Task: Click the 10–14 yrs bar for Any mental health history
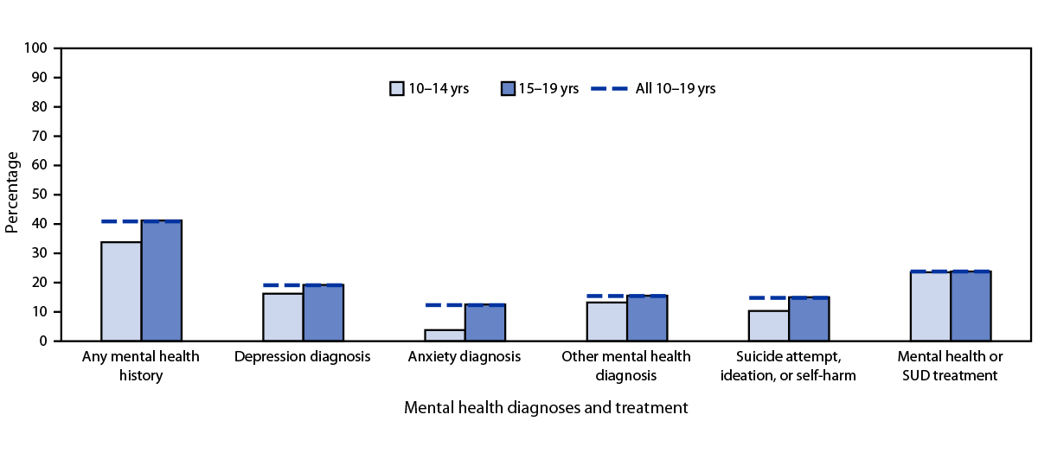point(121,291)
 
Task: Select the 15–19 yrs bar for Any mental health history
point(162,281)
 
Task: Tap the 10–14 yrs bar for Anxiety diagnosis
point(445,335)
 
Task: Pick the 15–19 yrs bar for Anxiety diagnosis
point(485,322)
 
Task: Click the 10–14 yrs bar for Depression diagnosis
point(283,317)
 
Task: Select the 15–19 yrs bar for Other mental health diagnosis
point(647,318)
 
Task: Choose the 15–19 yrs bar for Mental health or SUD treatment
point(971,306)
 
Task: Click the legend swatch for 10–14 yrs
point(397,88)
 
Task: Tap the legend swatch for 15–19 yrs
point(508,88)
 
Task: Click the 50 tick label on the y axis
point(39,195)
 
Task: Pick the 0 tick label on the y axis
point(42,341)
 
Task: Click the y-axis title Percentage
point(12,192)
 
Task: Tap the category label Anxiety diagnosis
point(465,356)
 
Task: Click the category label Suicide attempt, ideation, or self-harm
point(787,366)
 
